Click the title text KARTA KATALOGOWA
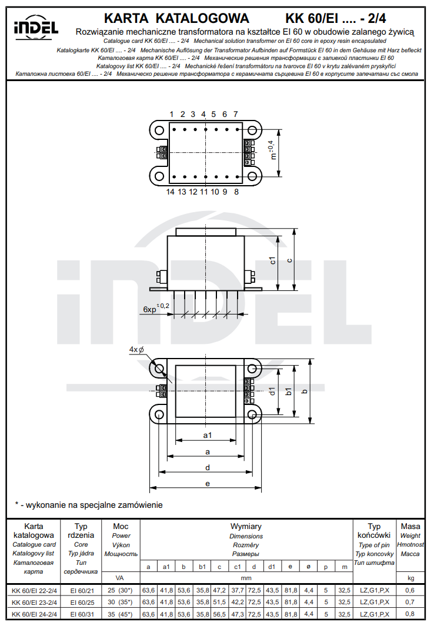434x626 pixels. pos(176,18)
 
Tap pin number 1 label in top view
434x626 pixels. pos(172,114)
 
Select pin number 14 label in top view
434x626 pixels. pos(171,192)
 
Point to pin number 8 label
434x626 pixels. pos(236,192)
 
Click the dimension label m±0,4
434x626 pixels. pos(272,150)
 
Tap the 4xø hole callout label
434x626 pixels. pos(137,350)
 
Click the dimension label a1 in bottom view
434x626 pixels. pos(207,436)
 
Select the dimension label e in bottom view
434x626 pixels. pos(207,483)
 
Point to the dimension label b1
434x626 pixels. pos(288,391)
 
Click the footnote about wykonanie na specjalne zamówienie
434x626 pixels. pos(88,505)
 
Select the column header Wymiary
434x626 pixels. pos(246,527)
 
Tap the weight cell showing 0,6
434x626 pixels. pos(409,590)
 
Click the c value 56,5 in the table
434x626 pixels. pos(219,614)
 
